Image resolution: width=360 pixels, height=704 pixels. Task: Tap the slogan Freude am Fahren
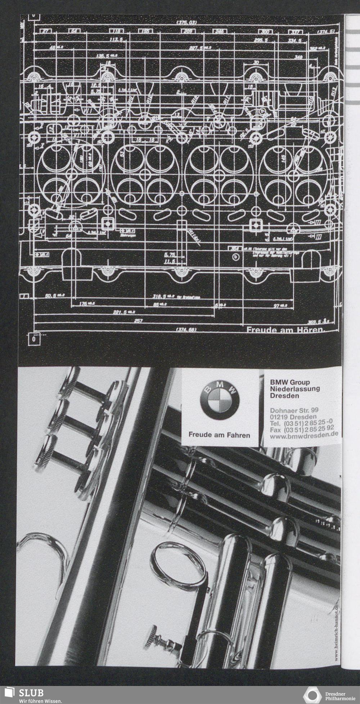pyautogui.click(x=219, y=435)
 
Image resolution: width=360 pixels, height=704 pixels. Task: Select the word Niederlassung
pyautogui.click(x=294, y=389)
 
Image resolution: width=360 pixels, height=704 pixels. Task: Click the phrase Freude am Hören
pyautogui.click(x=285, y=330)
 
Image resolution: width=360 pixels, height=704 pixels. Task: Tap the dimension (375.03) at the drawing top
pyautogui.click(x=186, y=23)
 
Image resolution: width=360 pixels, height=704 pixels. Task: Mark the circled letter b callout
pyautogui.click(x=236, y=257)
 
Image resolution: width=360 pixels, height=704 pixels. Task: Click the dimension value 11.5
pyautogui.click(x=169, y=261)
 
